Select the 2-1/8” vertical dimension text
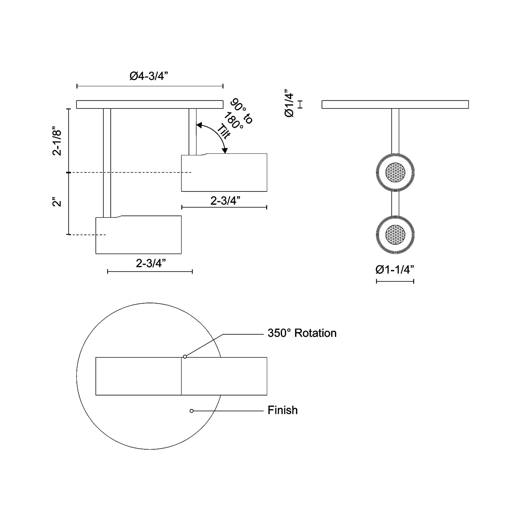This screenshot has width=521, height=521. click(57, 141)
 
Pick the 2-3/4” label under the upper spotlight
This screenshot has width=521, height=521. click(225, 201)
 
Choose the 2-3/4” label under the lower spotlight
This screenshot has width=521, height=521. click(151, 263)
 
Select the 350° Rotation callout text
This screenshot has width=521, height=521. click(302, 333)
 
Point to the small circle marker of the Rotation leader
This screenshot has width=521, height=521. click(185, 357)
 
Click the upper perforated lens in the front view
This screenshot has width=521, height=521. click(395, 172)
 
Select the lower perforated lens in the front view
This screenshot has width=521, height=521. click(395, 235)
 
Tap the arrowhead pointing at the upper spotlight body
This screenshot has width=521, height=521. click(225, 151)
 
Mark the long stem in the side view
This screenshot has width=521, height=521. click(107, 163)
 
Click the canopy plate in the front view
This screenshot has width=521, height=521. click(395, 104)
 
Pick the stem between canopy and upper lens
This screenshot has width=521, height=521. click(395, 131)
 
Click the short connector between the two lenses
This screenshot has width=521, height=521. click(395, 204)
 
